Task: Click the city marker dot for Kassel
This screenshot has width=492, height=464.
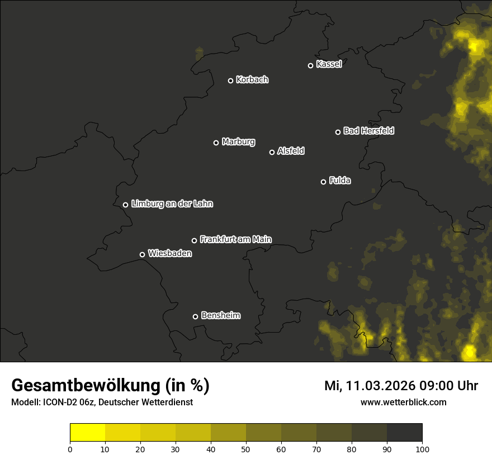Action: [x=311, y=65]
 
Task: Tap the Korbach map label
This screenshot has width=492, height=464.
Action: [x=252, y=80]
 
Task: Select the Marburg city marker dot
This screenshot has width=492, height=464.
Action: [x=216, y=143]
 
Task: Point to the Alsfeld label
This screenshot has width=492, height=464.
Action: [x=291, y=151]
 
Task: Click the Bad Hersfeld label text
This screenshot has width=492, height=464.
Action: [x=368, y=131]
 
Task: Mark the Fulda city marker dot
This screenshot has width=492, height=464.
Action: [x=323, y=182]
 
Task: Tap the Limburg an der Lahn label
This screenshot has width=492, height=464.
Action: [x=172, y=204]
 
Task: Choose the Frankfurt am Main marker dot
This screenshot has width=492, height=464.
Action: [x=195, y=240]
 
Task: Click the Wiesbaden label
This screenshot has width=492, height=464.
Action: [x=170, y=254]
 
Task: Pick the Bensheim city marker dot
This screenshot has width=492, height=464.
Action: [x=195, y=316]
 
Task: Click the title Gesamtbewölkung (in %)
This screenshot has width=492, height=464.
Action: [x=110, y=386]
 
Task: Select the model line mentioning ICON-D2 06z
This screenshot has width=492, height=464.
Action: [x=102, y=403]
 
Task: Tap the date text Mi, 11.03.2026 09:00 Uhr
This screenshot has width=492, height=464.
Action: [x=401, y=386]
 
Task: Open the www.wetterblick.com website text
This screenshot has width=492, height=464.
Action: [x=404, y=402]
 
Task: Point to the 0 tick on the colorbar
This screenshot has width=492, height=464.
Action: [x=70, y=448]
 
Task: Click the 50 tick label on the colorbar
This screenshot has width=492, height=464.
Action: [x=246, y=448]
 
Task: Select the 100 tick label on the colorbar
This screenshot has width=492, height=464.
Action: [x=422, y=448]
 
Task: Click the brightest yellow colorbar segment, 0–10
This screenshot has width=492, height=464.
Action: [x=88, y=433]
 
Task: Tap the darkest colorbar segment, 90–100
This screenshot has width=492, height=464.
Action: [x=404, y=433]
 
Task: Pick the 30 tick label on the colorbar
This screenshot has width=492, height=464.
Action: [x=176, y=448]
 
